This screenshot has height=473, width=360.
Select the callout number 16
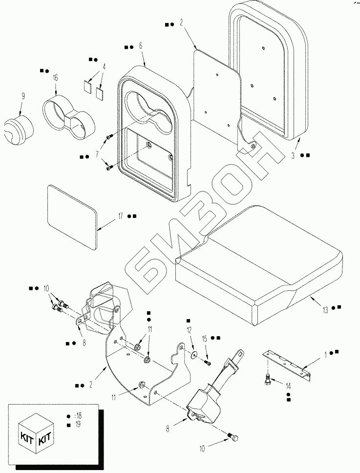tap(55, 78)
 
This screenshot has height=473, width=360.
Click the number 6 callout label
tap(141, 46)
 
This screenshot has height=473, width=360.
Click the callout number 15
tap(205, 338)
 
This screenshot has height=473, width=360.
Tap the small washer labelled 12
tap(194, 354)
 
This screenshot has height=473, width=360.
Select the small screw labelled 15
tap(208, 362)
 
